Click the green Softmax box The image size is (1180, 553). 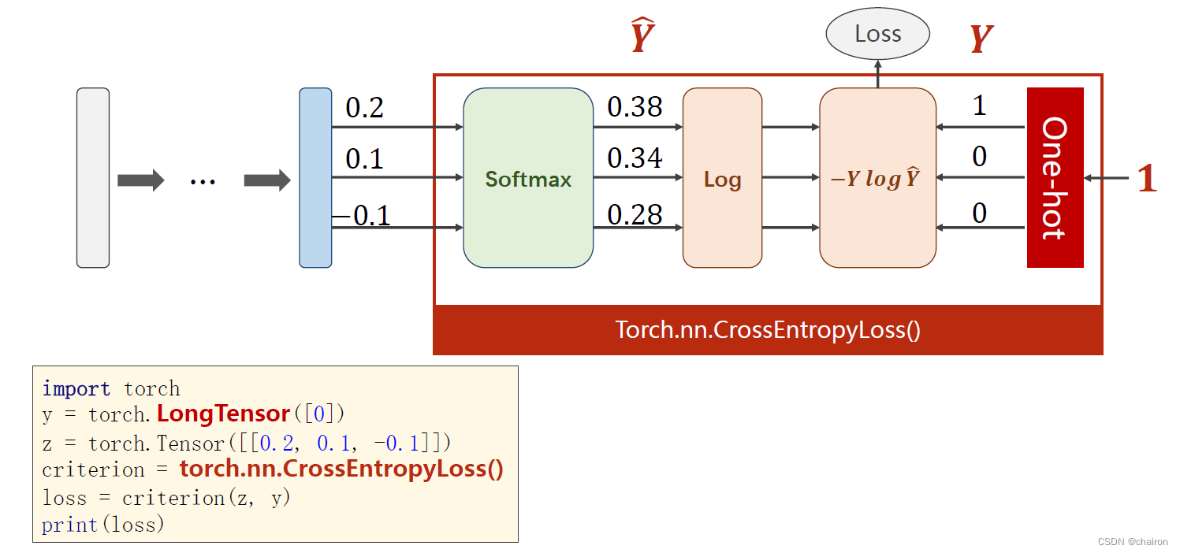(528, 178)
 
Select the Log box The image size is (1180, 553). (722, 178)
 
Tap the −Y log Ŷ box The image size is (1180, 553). (877, 178)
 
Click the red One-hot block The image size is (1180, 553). (1055, 178)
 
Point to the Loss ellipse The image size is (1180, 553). (877, 34)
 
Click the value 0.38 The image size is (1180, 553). (635, 108)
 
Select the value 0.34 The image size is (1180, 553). (635, 159)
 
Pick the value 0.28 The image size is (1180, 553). (635, 214)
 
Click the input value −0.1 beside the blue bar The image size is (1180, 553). (363, 215)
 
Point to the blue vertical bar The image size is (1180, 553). (315, 178)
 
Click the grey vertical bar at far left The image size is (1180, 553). (93, 178)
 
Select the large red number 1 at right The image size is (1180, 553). (1147, 180)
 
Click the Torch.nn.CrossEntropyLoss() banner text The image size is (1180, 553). (768, 329)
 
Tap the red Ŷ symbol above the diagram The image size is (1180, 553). (642, 38)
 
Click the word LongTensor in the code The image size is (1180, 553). (223, 414)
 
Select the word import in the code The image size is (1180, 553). (76, 388)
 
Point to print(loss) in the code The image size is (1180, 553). (103, 525)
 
